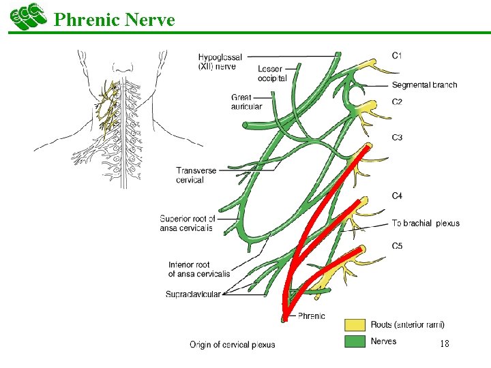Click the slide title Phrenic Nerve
(114, 20)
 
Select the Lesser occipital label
(272, 74)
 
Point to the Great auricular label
(246, 102)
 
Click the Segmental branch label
(424, 85)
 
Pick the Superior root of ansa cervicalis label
(188, 224)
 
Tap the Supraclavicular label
(193, 294)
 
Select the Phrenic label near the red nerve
(312, 316)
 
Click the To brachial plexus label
(426, 224)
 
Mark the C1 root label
(397, 55)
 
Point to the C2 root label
(397, 102)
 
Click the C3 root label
(397, 138)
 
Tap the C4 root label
(397, 196)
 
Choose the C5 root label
(397, 246)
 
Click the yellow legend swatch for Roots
(355, 325)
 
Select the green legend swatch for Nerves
(355, 341)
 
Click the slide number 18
(444, 344)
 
